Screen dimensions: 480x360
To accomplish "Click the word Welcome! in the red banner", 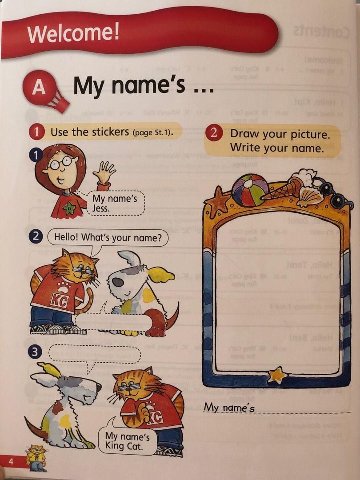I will click(x=73, y=33).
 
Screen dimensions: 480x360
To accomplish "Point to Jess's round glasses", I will click(x=60, y=163).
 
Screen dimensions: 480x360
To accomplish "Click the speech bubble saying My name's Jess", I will click(x=114, y=203).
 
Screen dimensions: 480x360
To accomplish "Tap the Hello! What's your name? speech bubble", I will click(x=108, y=237).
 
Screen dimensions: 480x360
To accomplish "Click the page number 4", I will click(x=12, y=462).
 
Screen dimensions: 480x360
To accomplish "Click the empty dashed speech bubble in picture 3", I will click(x=94, y=354).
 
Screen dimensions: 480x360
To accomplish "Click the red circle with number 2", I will click(x=214, y=133).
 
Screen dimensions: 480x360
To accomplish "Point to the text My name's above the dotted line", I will click(x=229, y=407).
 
